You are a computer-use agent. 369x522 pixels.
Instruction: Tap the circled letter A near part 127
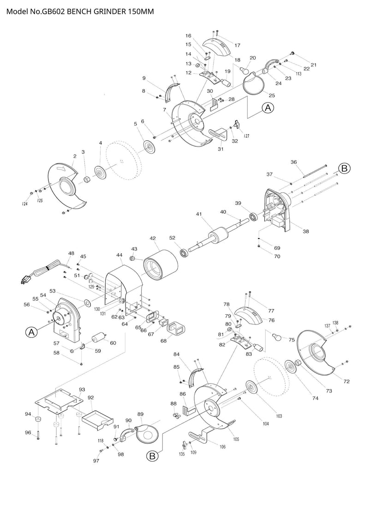coord(268,108)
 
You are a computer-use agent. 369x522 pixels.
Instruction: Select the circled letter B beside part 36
coord(345,168)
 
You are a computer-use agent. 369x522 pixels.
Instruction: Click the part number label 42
coord(153,238)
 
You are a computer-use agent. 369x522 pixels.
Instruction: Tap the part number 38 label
coord(305,231)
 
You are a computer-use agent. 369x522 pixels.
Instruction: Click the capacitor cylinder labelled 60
coord(98,339)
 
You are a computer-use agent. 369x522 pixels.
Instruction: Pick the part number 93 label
coord(82,390)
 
